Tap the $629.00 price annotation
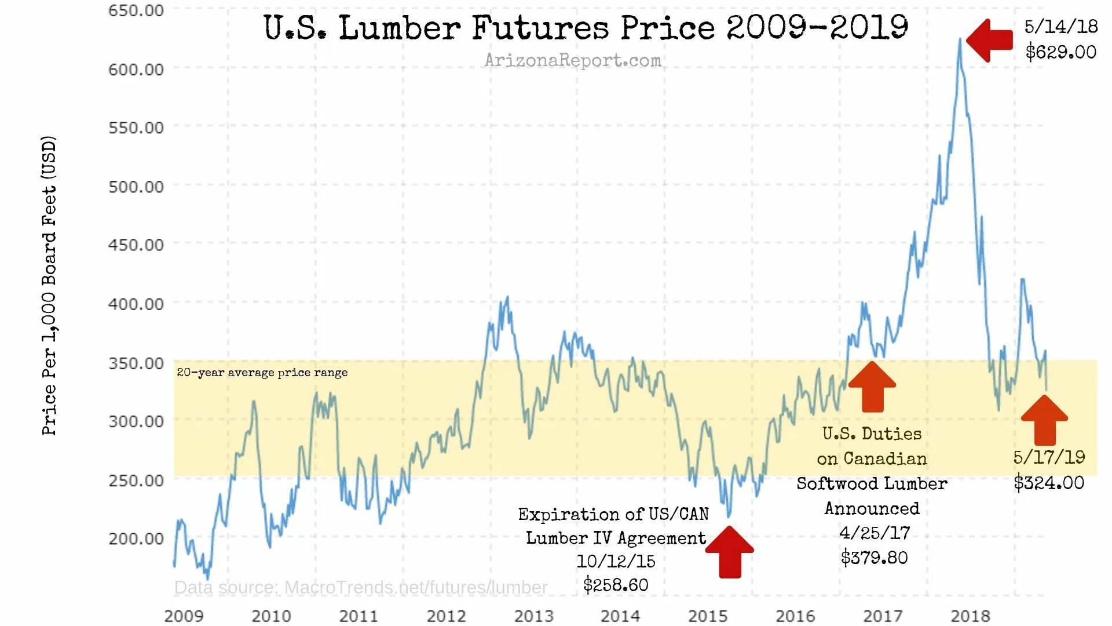tap(1060, 52)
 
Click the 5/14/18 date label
tap(1060, 27)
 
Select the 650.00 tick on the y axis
tap(136, 10)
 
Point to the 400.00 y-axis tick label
tap(136, 304)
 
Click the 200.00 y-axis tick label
tap(136, 538)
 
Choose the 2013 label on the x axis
tap(533, 616)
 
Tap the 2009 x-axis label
tap(184, 616)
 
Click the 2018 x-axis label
tap(970, 616)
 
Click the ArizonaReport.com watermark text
tap(572, 60)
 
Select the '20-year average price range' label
tap(262, 373)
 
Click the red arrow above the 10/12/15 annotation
tap(730, 552)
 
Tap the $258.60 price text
tap(616, 585)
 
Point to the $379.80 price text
tap(874, 558)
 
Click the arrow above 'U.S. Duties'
tap(872, 387)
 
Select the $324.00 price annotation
tap(1049, 483)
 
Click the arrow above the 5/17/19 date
tap(1044, 420)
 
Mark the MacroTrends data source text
tap(360, 588)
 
